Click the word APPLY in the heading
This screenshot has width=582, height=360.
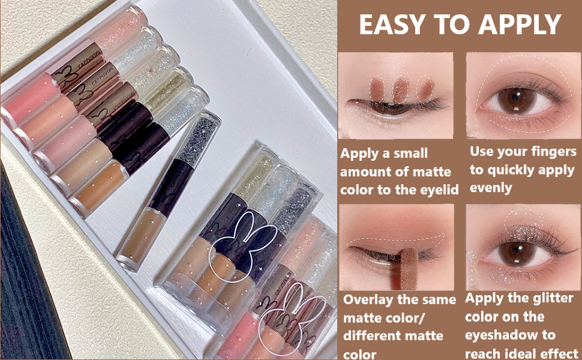coord(519,24)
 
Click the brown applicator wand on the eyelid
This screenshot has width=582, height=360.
coord(409,268)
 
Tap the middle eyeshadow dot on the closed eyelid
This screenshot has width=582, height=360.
coord(400,89)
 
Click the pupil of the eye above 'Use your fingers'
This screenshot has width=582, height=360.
coord(516,97)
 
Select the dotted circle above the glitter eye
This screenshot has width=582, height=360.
coord(525,221)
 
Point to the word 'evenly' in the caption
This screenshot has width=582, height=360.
coord(491,188)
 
